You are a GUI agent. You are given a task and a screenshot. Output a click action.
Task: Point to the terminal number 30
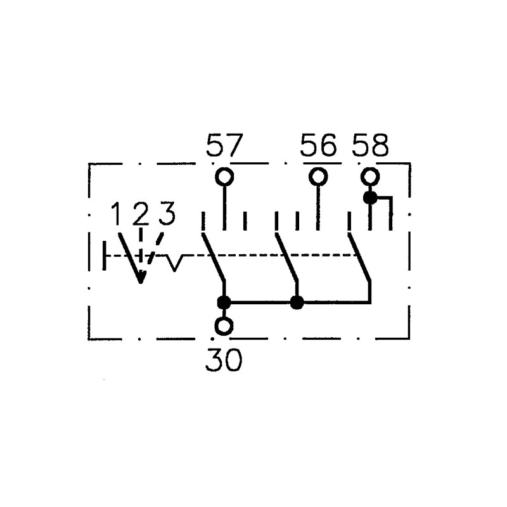[224, 360]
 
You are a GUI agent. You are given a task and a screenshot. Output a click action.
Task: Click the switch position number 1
[117, 214]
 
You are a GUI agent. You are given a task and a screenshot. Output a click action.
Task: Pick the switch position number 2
[141, 214]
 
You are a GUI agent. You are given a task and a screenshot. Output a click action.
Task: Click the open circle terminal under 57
[224, 177]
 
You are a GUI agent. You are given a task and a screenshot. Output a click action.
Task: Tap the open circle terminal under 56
[319, 177]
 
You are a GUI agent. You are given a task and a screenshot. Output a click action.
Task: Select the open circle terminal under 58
[370, 177]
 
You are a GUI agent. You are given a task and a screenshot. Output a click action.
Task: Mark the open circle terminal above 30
[224, 326]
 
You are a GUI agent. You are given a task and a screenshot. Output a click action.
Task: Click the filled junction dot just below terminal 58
[370, 198]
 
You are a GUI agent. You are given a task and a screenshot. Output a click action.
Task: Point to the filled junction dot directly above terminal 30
[224, 303]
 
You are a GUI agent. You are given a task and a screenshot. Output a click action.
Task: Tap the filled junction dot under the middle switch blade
[297, 303]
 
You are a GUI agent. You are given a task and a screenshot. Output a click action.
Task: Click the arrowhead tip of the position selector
[141, 283]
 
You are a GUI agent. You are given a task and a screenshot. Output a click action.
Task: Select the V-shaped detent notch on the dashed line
[175, 262]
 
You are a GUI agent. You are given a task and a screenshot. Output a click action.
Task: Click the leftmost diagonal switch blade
[214, 257]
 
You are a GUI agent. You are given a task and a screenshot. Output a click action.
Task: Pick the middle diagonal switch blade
[286, 257]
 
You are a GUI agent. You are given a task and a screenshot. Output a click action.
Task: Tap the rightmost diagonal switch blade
[359, 257]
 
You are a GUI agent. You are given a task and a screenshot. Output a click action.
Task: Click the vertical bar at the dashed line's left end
[104, 255]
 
